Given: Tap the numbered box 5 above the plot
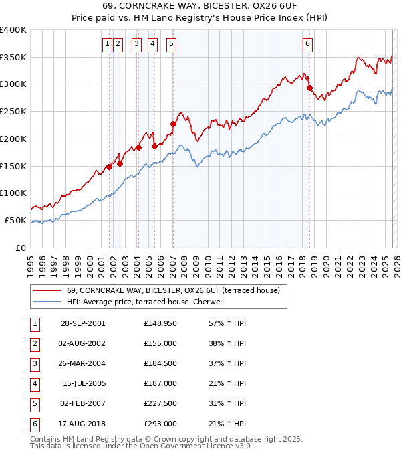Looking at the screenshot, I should point(171,45).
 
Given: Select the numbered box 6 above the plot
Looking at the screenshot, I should point(307,45).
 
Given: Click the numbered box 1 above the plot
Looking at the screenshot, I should point(107,45).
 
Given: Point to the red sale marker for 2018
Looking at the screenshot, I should point(309,88).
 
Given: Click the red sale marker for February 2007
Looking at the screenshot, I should point(173,123).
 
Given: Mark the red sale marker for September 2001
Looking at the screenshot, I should point(109,167).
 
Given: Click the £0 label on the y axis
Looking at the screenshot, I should point(20,248).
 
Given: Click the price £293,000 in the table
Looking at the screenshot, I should point(160,423).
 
